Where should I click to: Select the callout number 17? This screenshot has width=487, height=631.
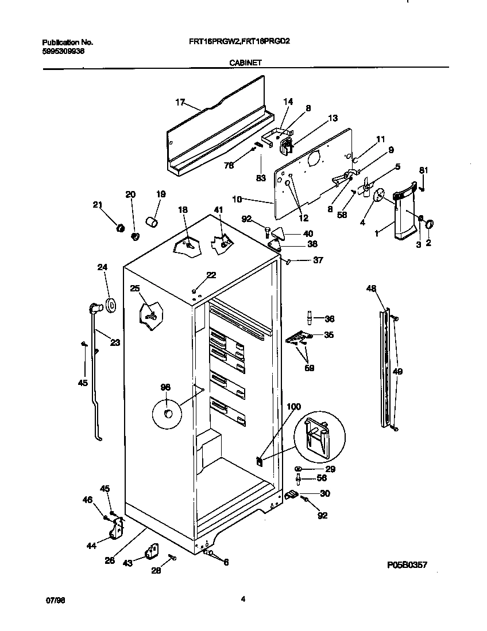click(180, 103)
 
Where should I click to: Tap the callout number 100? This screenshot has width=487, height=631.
click(293, 407)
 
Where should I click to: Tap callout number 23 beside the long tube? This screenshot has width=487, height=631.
click(115, 343)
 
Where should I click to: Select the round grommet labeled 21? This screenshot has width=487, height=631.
click(121, 228)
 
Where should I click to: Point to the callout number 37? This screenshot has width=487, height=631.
click(318, 260)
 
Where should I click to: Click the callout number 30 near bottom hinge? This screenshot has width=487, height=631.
click(325, 493)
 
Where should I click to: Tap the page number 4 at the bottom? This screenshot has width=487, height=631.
click(243, 599)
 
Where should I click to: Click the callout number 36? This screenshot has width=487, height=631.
click(329, 319)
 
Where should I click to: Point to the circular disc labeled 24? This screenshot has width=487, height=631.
click(109, 305)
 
